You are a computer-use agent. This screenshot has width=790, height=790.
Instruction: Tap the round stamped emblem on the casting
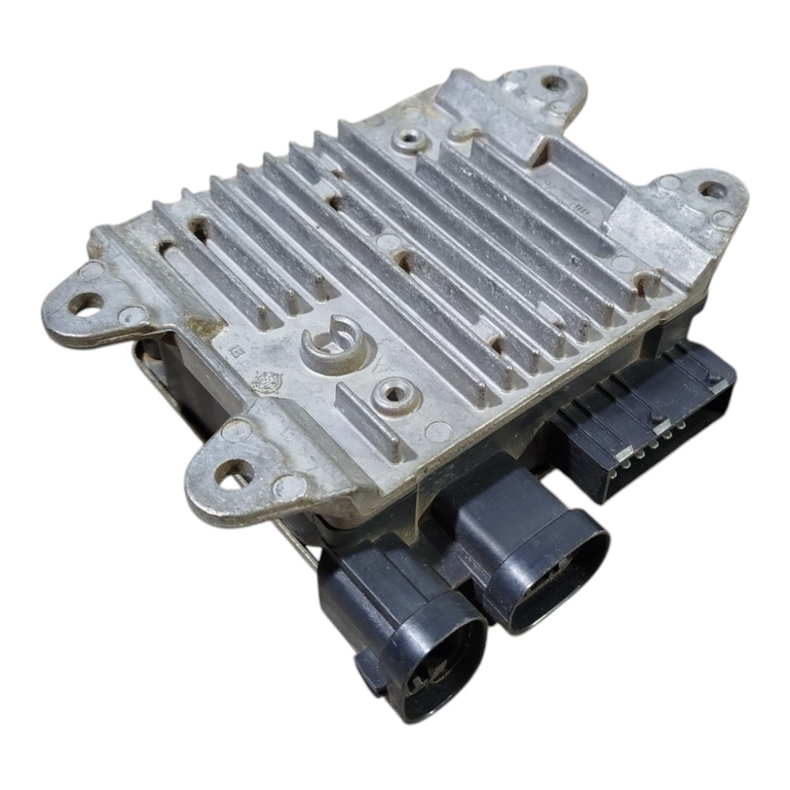[266, 382]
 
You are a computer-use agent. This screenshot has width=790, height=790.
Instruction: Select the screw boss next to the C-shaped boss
[396, 393]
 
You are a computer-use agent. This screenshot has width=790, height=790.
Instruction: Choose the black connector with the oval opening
[545, 569]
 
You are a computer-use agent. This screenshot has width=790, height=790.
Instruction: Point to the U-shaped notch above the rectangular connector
[648, 280]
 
